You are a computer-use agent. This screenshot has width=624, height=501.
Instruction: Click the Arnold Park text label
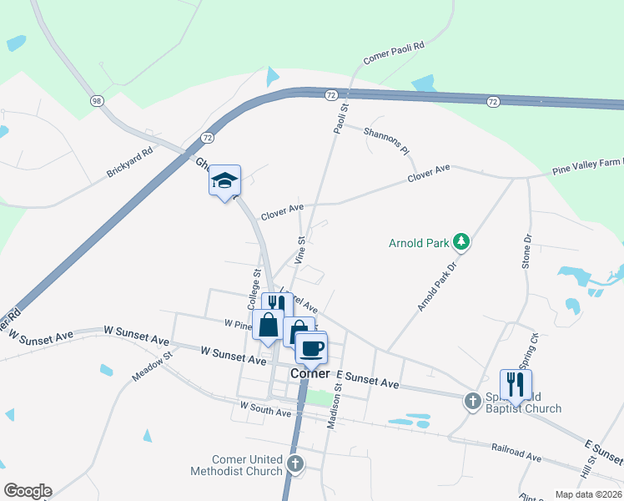pos(419,244)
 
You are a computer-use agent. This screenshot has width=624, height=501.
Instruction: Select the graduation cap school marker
pos(224,180)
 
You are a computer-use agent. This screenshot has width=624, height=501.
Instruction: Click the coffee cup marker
pos(312,347)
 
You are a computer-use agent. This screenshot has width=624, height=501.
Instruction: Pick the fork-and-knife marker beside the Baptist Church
pos(516,384)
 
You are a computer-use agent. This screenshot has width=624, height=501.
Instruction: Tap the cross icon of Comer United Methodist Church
pos(295,463)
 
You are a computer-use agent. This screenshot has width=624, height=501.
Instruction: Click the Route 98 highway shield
pos(98,101)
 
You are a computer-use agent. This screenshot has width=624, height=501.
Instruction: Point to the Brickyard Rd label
pos(130,163)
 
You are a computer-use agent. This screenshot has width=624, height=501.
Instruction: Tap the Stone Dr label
pos(527,251)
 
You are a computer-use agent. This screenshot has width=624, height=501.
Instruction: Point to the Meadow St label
pos(150,367)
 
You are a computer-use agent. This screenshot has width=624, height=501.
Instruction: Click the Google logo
pos(28,491)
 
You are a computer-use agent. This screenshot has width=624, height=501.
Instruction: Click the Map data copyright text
pos(587,494)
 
